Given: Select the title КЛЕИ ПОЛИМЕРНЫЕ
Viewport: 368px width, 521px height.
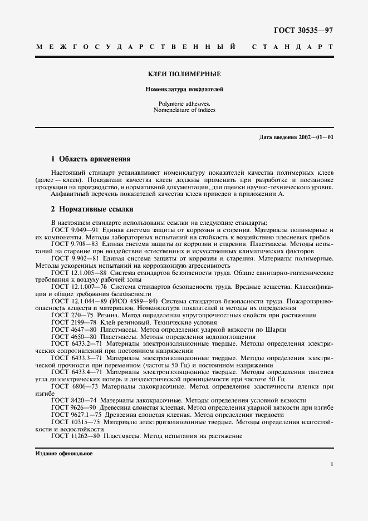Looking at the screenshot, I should (184, 74).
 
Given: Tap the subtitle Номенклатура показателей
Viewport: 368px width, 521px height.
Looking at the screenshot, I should (184, 89).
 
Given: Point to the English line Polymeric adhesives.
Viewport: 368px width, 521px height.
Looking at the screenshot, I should (184, 104).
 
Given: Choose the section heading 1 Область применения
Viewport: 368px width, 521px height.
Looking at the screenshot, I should (90, 159).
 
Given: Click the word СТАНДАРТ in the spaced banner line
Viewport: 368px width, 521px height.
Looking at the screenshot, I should (293, 48).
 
